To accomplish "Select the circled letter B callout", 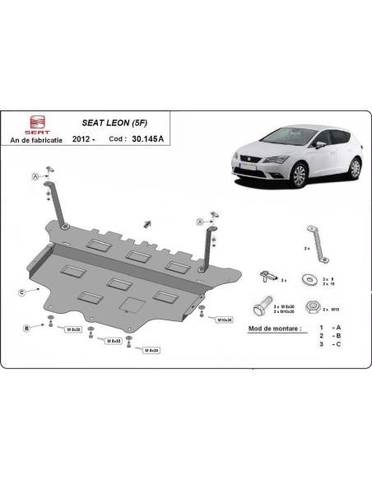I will click(x=27, y=328).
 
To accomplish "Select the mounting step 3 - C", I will click(x=329, y=344).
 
